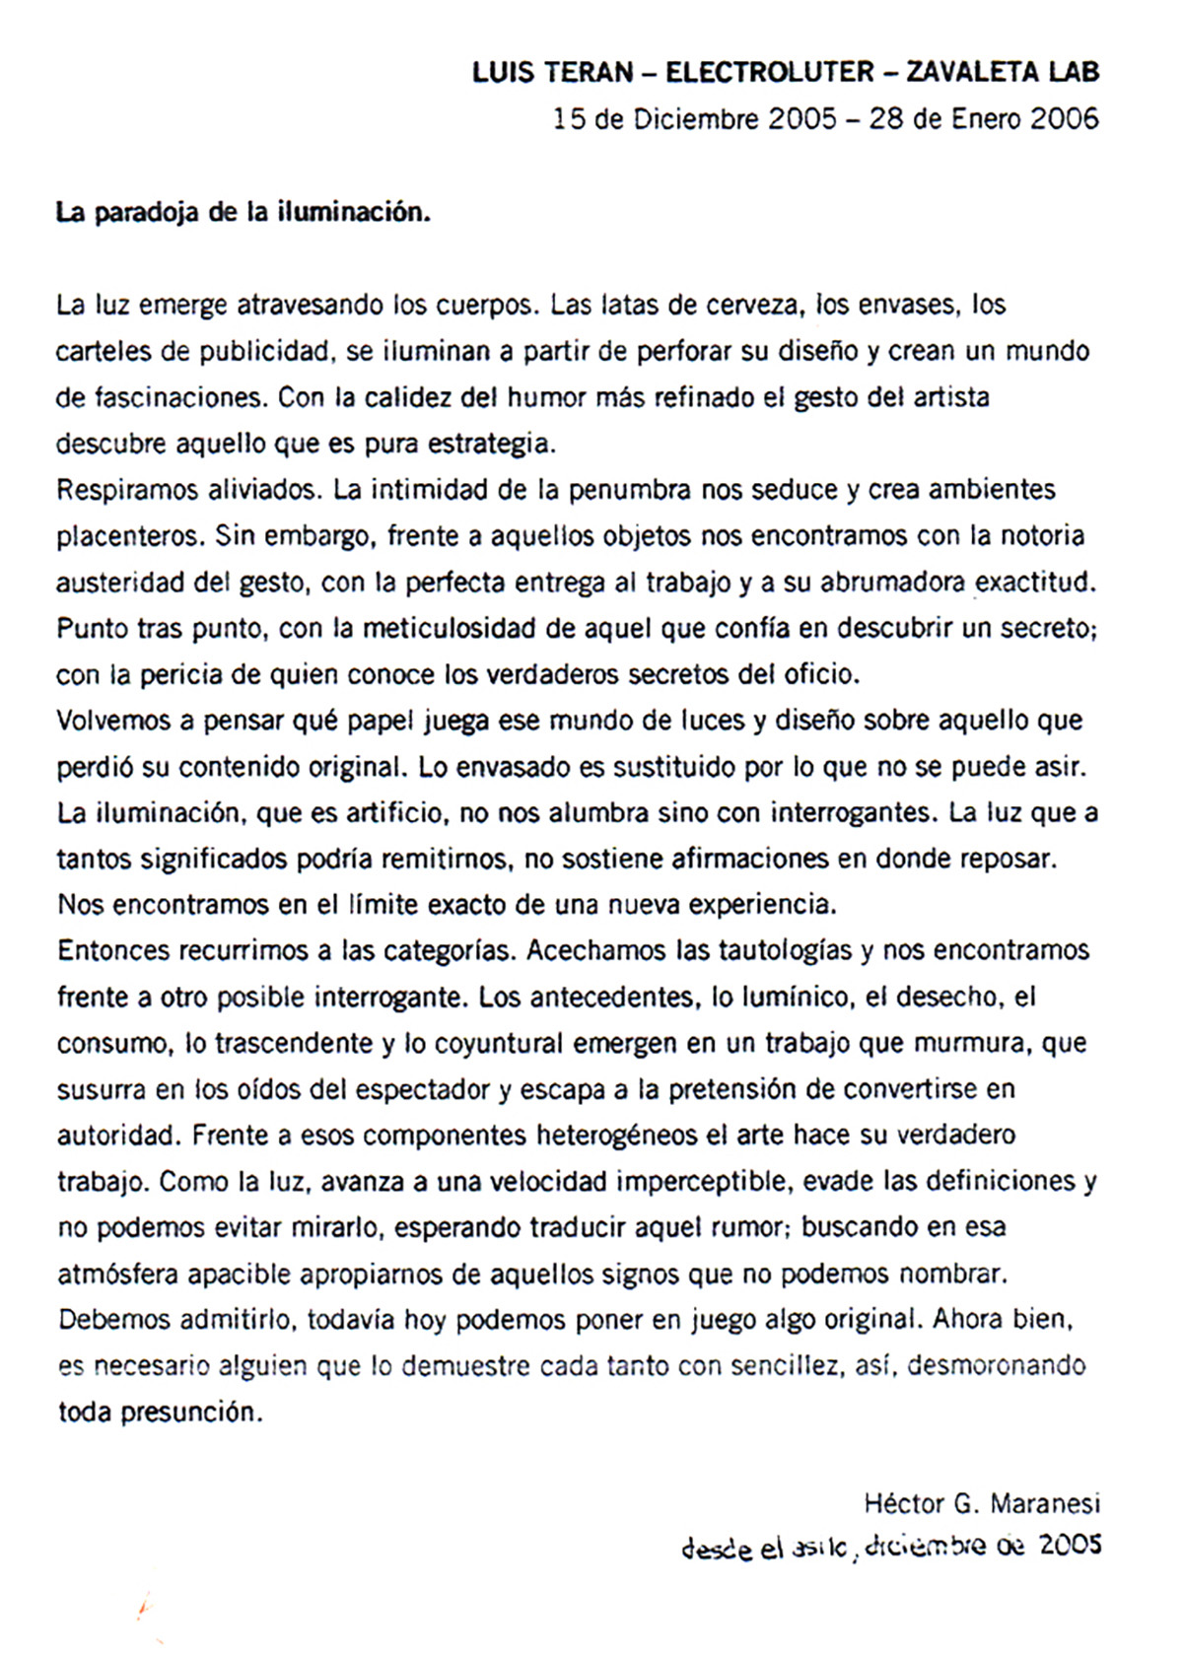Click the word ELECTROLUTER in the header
click(769, 72)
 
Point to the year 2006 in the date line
click(1064, 119)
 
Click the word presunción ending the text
click(192, 1413)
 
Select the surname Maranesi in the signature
click(1044, 1504)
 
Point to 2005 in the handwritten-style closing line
click(1069, 1545)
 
